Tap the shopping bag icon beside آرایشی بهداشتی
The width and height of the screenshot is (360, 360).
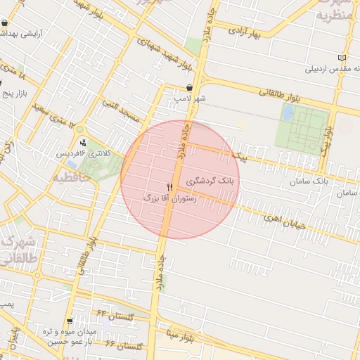coord(5,23)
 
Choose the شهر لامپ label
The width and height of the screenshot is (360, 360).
coord(190,99)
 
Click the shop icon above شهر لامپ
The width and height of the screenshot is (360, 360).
coord(190,89)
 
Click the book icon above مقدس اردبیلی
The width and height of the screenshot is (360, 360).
coord(342,58)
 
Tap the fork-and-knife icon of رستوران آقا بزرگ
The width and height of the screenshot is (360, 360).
coord(169,187)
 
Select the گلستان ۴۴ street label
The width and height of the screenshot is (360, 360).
coord(115,316)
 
